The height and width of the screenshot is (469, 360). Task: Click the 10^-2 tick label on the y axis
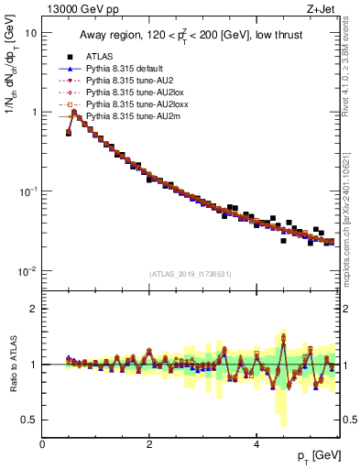click(x=27, y=271)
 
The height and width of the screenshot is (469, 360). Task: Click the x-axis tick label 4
click(x=257, y=444)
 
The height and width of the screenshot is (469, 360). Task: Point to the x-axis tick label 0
click(x=42, y=444)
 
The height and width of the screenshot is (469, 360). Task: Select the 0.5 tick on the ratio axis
click(x=29, y=420)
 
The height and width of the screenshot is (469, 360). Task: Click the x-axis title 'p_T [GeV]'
click(x=314, y=456)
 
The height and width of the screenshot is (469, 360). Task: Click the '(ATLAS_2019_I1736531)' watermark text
click(x=190, y=273)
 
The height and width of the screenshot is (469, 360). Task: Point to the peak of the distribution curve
click(x=74, y=113)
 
